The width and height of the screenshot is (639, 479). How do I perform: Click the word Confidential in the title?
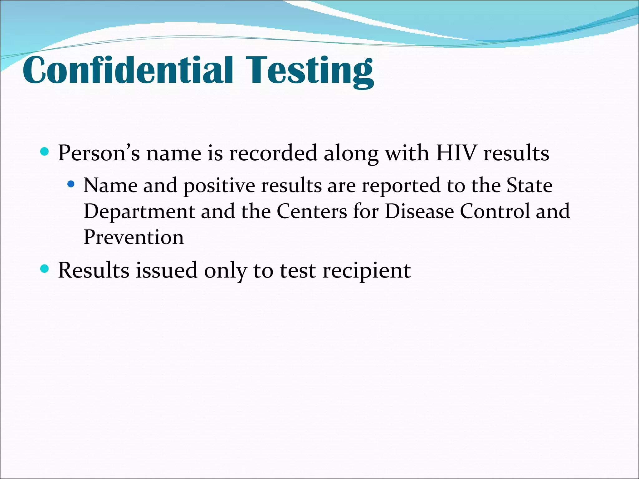click(x=128, y=70)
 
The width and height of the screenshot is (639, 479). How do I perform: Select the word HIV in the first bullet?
click(x=456, y=153)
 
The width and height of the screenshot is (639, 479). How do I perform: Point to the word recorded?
click(x=273, y=153)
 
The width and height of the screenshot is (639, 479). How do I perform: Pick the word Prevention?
click(x=134, y=237)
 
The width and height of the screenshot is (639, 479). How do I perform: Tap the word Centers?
click(x=312, y=211)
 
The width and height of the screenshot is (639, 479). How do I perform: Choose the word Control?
click(x=495, y=211)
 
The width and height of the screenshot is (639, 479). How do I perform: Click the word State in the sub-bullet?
click(x=529, y=186)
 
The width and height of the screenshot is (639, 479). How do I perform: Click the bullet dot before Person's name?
click(x=45, y=152)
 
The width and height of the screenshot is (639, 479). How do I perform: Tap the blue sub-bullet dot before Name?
click(x=71, y=184)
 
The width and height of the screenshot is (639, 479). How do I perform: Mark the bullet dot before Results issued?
click(x=45, y=269)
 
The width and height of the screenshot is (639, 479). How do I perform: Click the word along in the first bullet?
click(x=351, y=154)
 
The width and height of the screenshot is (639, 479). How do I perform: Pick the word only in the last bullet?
click(x=225, y=271)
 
